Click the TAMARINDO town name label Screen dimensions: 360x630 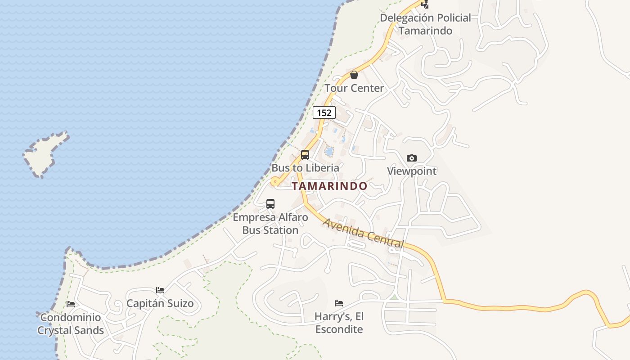(329, 186)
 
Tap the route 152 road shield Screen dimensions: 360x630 (324, 112)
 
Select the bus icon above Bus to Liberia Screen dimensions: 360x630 (305, 155)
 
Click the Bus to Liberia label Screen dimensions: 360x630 (305, 168)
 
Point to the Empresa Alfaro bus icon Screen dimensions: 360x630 (270, 203)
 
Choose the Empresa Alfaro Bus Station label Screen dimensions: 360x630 (270, 224)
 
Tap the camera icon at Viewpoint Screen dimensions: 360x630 (411, 158)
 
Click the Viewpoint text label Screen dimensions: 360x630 (412, 171)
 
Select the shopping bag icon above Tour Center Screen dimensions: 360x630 (354, 75)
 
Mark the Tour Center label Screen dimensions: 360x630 (354, 88)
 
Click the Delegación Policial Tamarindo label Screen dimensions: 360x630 (425, 24)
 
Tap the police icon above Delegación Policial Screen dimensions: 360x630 (425, 4)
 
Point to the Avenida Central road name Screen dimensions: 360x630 (363, 233)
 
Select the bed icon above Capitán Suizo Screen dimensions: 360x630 (160, 290)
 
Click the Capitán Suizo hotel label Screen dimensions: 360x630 (160, 303)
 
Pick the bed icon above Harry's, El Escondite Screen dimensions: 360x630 (339, 303)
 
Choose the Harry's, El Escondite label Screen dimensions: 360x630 (339, 323)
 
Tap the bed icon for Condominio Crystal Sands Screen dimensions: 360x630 (71, 304)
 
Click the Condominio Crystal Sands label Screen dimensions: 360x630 (71, 324)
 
